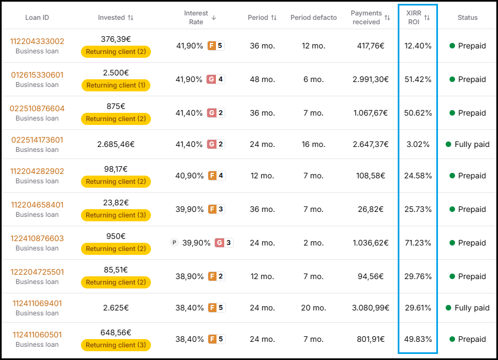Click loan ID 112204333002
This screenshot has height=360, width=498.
point(37,41)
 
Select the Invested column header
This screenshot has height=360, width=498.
point(111,18)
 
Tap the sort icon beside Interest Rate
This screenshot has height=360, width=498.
point(214,18)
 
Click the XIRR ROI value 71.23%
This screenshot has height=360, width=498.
point(418,243)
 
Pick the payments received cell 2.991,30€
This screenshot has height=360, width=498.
point(371,79)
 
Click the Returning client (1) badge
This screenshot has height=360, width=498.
point(116,85)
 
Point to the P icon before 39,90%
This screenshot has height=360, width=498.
point(174,243)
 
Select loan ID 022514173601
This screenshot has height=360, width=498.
point(37,140)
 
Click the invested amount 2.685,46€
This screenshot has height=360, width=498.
point(116,144)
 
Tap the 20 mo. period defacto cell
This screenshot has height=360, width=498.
point(313,308)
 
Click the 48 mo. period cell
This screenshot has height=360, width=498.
point(262,79)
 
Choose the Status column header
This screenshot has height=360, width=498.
point(468,18)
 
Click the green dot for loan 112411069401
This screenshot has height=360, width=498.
point(448,308)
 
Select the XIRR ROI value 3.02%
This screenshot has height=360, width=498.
point(418,144)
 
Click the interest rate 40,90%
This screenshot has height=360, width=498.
point(190,176)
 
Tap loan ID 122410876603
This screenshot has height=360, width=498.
point(37,238)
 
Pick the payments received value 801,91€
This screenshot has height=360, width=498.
point(371,340)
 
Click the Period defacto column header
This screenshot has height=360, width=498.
point(313,18)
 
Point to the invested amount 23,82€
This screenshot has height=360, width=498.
point(116,203)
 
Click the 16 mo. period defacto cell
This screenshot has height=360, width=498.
point(313,144)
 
